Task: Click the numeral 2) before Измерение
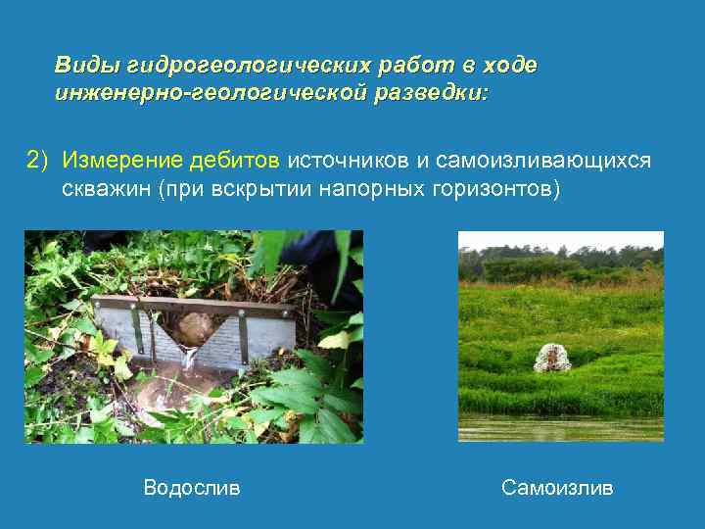point(37,160)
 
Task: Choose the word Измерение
point(114,160)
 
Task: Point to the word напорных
point(374,188)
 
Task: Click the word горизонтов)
point(497,188)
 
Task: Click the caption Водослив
point(191,487)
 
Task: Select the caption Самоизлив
point(557,487)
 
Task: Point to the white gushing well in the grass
point(552,358)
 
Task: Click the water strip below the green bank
point(560,429)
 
